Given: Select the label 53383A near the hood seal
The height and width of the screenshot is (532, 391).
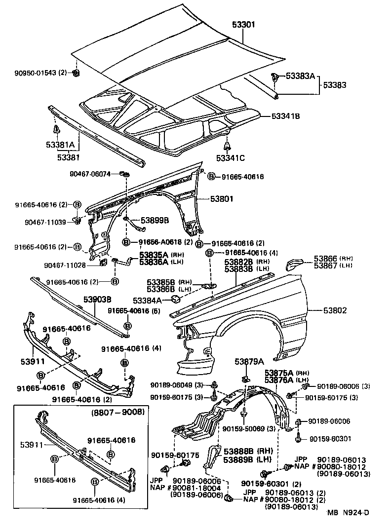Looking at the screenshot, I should click(x=301, y=76).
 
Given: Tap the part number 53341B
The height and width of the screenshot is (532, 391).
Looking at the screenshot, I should click(x=286, y=116).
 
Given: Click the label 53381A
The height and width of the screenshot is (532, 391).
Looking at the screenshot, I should click(x=60, y=145).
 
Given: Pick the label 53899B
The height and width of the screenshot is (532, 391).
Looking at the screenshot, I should click(x=155, y=220).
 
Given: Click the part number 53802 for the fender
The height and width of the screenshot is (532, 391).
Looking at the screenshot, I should click(x=335, y=310).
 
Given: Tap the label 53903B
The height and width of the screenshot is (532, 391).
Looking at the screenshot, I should click(x=97, y=300).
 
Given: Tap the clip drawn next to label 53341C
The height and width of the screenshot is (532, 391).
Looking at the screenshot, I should click(x=227, y=147).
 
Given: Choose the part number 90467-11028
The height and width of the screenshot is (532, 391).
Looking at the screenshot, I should click(x=65, y=265).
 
